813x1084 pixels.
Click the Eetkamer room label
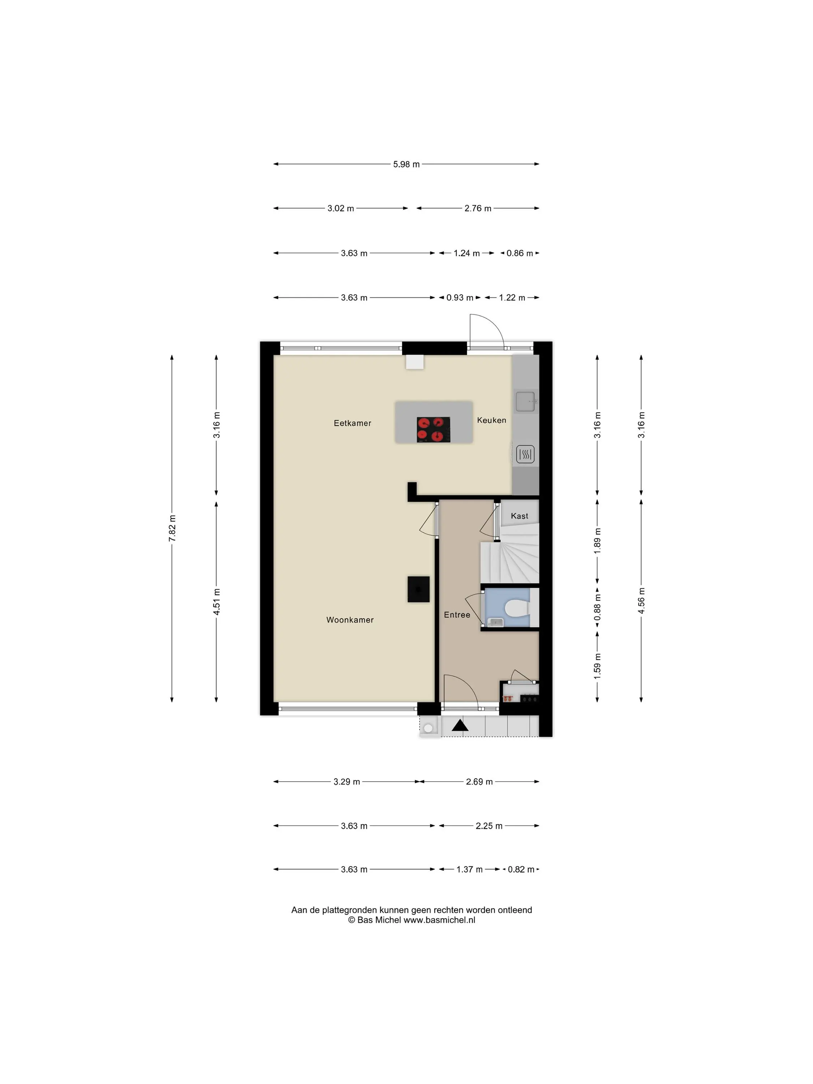pos(352,423)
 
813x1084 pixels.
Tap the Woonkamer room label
pos(350,620)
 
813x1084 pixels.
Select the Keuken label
pos(491,420)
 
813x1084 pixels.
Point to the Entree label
pos(457,615)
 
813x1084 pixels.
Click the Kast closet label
pos(520,516)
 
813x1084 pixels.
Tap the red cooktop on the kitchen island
pos(433,429)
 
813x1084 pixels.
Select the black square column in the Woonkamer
pos(418,589)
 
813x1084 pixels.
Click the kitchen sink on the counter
pos(525,401)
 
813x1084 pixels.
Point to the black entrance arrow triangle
pos(460,725)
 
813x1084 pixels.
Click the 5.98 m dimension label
pos(406,164)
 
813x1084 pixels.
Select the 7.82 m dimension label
pos(172,529)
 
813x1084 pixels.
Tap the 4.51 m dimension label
pos(216,602)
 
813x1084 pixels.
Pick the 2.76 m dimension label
pos(478,208)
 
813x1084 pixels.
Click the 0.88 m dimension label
pos(597,608)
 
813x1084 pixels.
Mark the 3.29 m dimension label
pos(347,782)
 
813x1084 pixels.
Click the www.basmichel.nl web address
pos(439,920)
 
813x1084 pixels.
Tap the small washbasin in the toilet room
pos(495,622)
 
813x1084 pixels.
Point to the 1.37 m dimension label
pos(469,869)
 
